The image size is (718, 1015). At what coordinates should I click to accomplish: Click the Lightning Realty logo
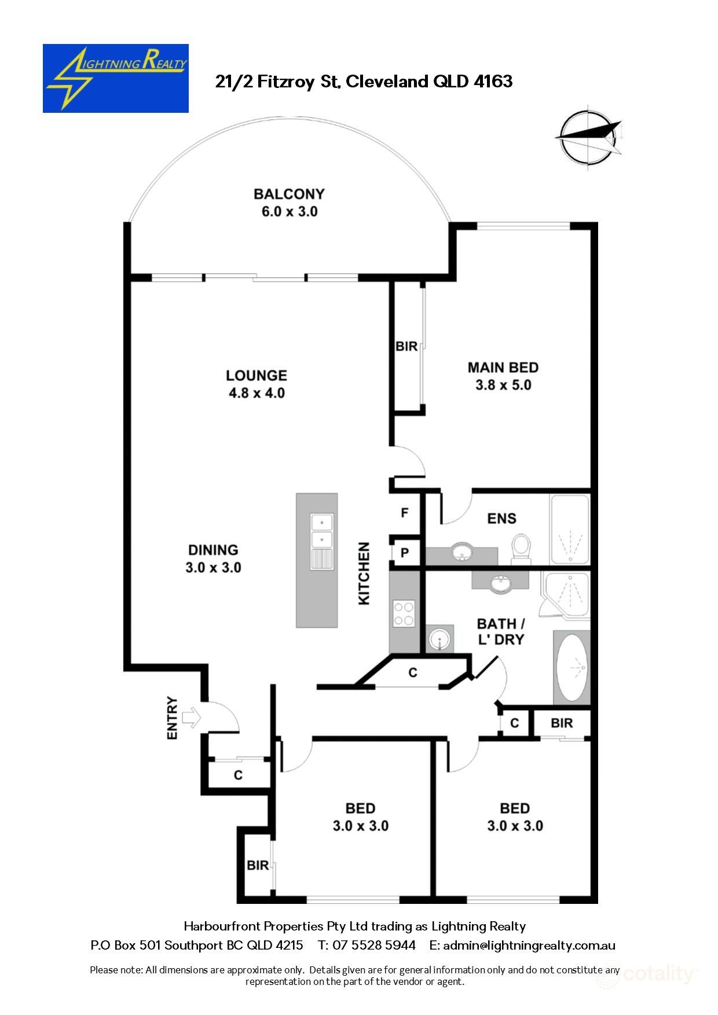coord(115,78)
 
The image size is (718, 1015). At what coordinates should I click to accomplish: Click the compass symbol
coord(588,137)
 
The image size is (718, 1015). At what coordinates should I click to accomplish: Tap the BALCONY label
coord(289,194)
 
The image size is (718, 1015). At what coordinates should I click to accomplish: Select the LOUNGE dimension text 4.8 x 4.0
coord(257,393)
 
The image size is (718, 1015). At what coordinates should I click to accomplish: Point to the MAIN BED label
coord(503,367)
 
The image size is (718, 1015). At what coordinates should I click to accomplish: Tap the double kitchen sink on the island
coord(321,531)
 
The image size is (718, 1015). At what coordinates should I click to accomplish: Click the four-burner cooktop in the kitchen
coord(404,614)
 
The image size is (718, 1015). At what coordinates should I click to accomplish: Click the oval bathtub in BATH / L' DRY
coord(572,667)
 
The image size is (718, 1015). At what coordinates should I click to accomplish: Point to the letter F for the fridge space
coord(405,513)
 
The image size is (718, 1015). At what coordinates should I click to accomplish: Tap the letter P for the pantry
coord(405,553)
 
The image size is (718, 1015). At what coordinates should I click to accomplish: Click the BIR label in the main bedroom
coord(406,346)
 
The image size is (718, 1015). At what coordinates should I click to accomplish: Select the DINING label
coord(213,550)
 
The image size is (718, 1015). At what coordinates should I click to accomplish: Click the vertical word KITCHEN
coord(364,573)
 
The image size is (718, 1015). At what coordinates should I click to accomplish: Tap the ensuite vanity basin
coord(461,551)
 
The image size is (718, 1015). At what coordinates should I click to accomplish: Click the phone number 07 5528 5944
coord(374,945)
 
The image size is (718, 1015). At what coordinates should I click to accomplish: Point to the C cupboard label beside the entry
coord(238,775)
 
